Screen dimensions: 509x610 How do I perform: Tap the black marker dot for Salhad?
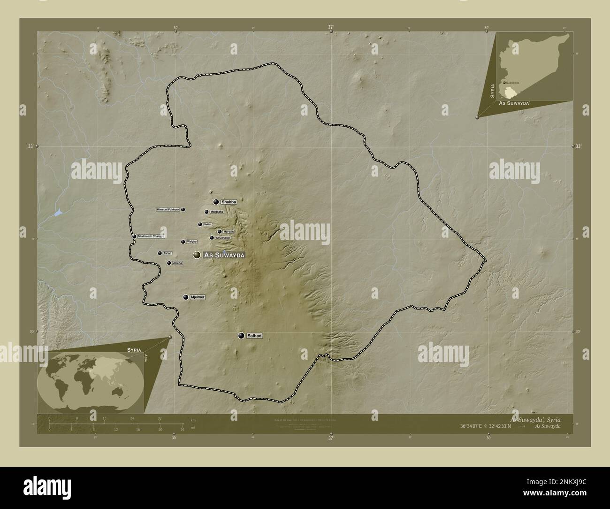[x=241, y=336]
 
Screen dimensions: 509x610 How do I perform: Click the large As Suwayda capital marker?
[x=197, y=255]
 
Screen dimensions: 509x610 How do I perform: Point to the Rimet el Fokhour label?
[x=168, y=209]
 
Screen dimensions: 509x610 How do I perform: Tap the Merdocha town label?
[x=217, y=212]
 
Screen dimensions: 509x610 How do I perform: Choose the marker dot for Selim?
[x=200, y=224]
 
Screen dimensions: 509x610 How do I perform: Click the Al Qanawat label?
[x=223, y=238]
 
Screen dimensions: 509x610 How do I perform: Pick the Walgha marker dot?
[x=183, y=242]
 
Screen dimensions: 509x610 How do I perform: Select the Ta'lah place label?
[x=168, y=253]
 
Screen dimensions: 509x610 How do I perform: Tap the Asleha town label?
[x=177, y=263]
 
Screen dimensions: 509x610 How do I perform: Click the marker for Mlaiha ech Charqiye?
[x=134, y=236]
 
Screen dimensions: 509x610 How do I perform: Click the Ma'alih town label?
[x=229, y=231]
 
